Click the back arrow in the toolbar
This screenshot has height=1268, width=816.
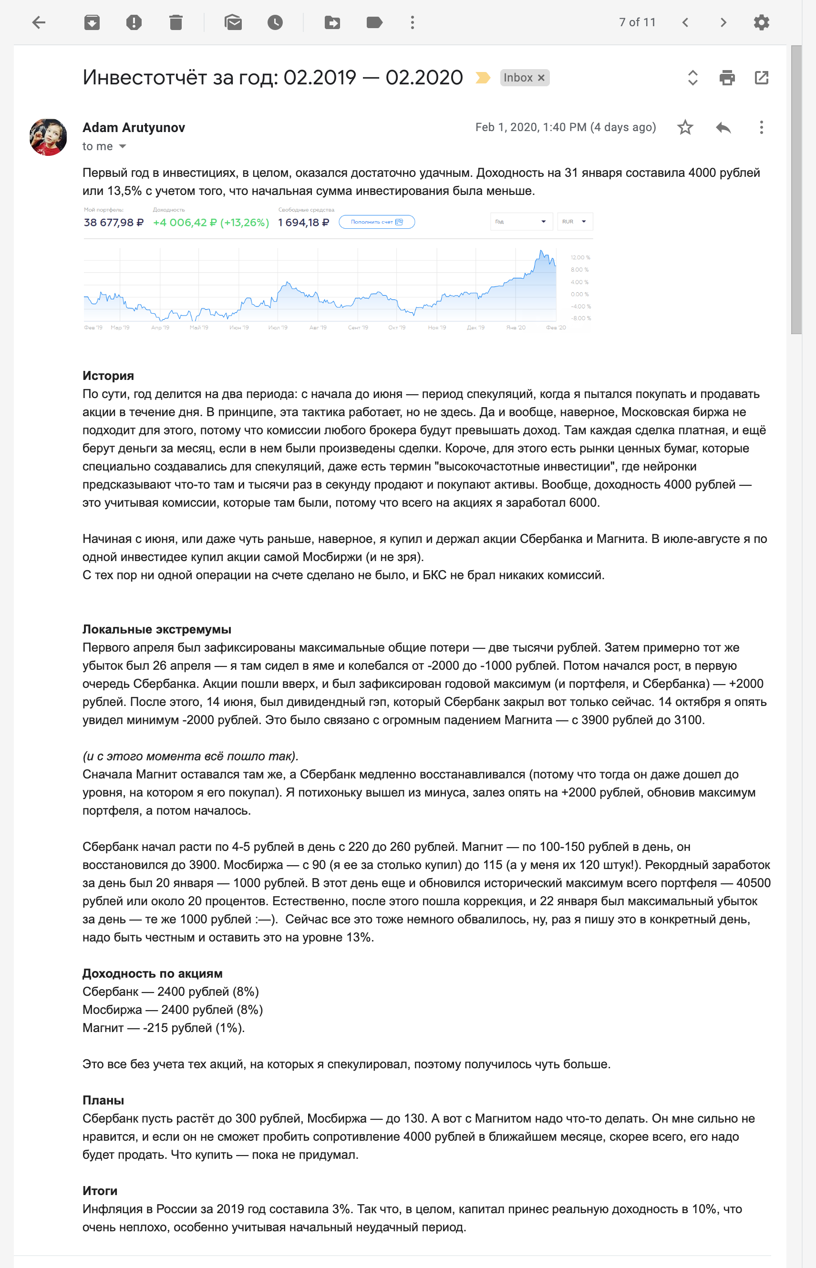(39, 22)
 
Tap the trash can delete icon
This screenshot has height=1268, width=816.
(176, 22)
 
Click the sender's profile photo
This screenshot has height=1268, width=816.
(48, 137)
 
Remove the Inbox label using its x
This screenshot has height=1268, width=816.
(541, 78)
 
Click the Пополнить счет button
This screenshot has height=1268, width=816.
(376, 222)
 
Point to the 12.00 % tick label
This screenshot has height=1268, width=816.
(580, 257)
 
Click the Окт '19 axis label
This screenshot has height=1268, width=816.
(396, 328)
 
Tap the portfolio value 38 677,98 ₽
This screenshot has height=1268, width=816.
(114, 223)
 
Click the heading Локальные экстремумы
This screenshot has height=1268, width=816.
(157, 629)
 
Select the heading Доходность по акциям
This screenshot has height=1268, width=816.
(152, 973)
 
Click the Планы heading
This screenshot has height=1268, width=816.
(103, 1101)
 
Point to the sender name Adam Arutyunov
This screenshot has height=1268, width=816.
(134, 128)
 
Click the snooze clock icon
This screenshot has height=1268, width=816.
(275, 22)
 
